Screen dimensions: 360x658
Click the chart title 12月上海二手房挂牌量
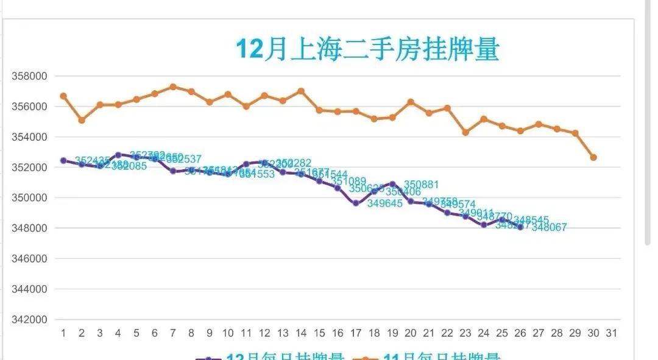[367, 49]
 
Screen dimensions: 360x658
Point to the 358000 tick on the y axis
[30, 76]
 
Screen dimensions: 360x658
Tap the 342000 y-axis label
[30, 319]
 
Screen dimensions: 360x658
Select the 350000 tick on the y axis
[30, 197]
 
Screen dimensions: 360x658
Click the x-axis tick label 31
[612, 333]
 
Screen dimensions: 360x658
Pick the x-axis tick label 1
[63, 333]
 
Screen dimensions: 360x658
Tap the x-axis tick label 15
[319, 333]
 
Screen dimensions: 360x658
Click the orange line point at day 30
[593, 157]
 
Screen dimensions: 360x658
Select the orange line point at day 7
[173, 86]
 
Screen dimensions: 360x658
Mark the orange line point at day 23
[465, 132]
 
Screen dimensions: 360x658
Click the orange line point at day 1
[63, 96]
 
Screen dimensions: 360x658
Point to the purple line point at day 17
[356, 203]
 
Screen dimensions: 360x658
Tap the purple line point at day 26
[520, 227]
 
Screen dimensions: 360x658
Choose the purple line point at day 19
[392, 183]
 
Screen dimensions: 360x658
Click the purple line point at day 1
[63, 160]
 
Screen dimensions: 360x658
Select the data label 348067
[549, 228]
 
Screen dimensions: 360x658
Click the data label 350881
[421, 185]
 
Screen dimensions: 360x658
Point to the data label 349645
[384, 204]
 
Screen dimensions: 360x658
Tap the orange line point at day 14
[301, 91]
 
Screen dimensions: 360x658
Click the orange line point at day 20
[411, 101]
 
